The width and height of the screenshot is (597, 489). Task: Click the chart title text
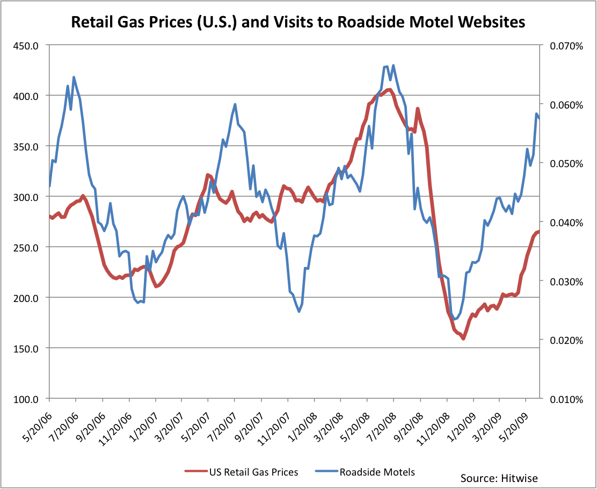click(298, 22)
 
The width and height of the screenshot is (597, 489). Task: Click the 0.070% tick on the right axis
click(566, 46)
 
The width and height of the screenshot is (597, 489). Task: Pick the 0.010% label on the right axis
click(566, 399)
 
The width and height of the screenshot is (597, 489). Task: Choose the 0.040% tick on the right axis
click(566, 222)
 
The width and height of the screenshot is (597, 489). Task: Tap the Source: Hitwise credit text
click(499, 478)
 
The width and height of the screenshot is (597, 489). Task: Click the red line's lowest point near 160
click(463, 339)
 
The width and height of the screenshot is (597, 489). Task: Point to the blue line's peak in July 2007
click(235, 104)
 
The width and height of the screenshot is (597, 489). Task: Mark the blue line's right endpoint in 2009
click(539, 118)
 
